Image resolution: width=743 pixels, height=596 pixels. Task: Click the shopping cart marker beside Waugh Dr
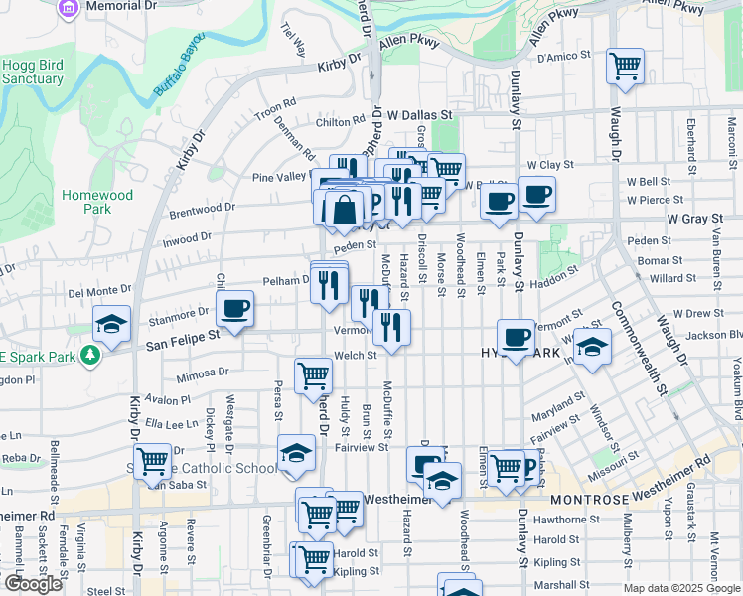click(x=626, y=67)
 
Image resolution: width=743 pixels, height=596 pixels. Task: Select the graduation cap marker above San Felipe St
click(x=112, y=324)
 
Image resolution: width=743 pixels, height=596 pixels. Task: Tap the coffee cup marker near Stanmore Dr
click(x=235, y=309)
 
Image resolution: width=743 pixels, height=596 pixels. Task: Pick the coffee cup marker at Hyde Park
click(x=516, y=339)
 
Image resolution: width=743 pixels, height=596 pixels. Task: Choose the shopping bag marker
click(x=344, y=210)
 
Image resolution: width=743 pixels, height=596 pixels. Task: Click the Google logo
click(x=33, y=584)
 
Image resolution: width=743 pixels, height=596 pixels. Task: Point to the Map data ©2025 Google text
click(x=681, y=588)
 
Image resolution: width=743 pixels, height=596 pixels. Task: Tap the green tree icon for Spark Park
click(x=91, y=354)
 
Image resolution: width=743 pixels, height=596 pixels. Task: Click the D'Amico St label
click(x=563, y=57)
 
